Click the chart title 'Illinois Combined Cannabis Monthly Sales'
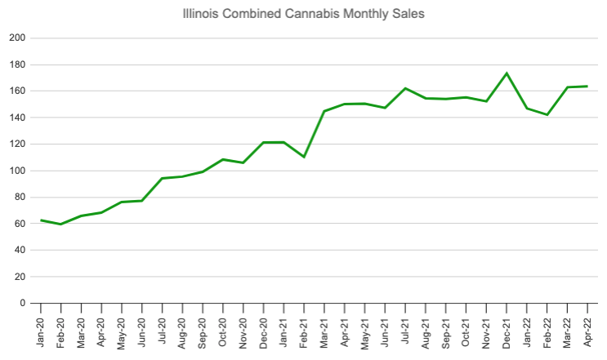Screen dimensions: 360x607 coord(303,14)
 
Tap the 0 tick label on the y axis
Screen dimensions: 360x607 coord(23,304)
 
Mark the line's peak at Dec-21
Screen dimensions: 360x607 coord(507,73)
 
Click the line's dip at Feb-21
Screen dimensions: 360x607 coord(304,157)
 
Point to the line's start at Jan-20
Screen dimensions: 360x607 coord(41,220)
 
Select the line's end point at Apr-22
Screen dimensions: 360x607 coord(587,87)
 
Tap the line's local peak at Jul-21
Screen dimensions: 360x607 coord(405,88)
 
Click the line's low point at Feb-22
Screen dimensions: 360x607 coord(547,115)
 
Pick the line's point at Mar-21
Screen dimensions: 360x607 coord(324,111)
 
